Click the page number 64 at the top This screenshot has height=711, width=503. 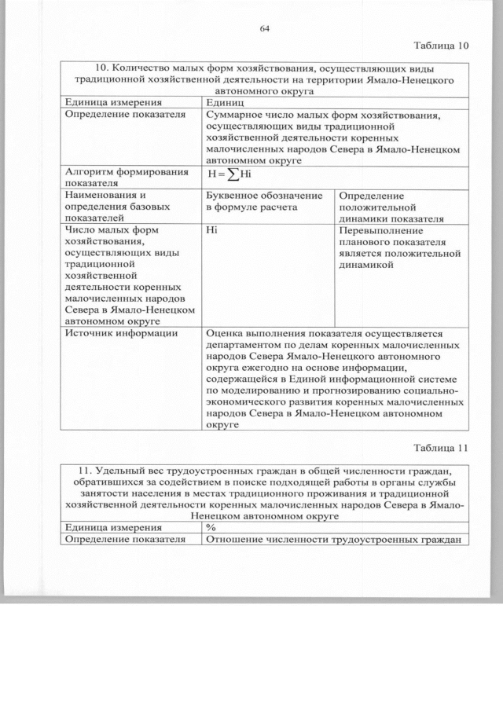tap(264, 30)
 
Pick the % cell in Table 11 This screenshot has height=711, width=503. tap(211, 528)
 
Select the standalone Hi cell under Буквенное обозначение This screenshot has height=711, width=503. tap(211, 232)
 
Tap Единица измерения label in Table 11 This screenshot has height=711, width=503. tap(114, 528)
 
